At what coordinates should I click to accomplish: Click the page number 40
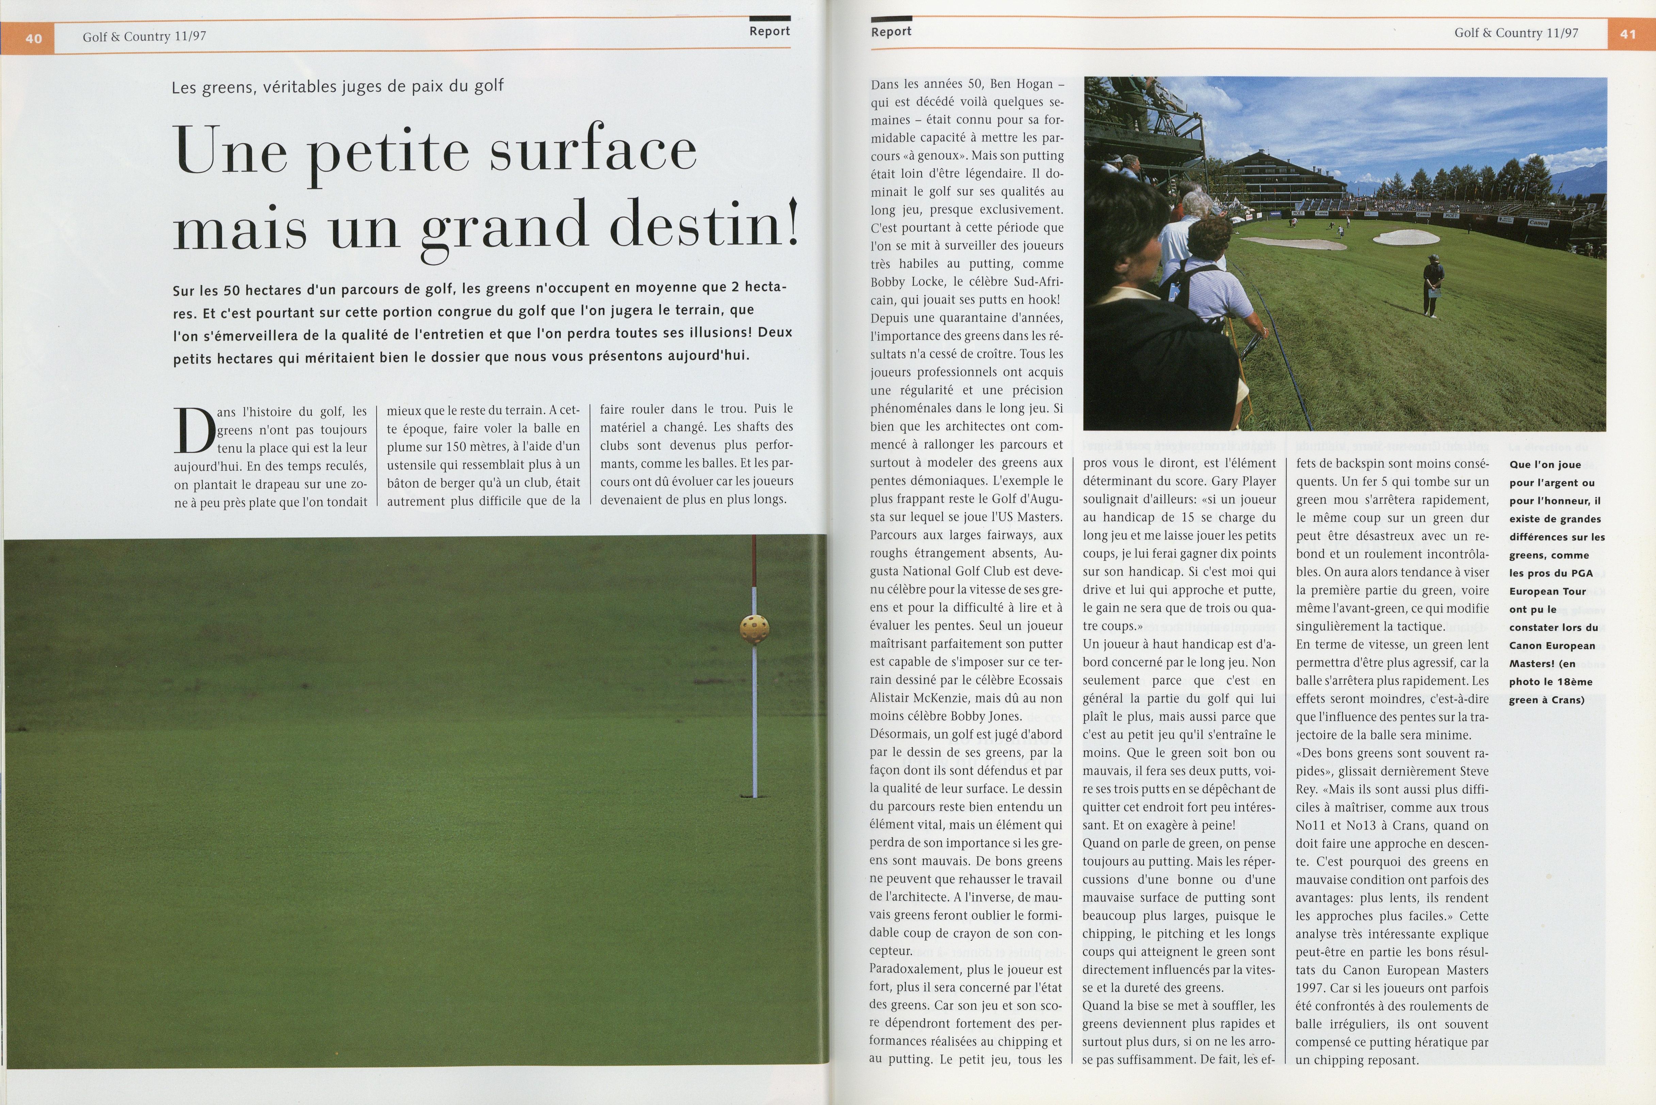pyautogui.click(x=33, y=38)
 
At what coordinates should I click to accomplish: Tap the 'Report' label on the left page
pyautogui.click(x=769, y=31)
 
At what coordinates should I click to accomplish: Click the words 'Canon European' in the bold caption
pyautogui.click(x=1552, y=646)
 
